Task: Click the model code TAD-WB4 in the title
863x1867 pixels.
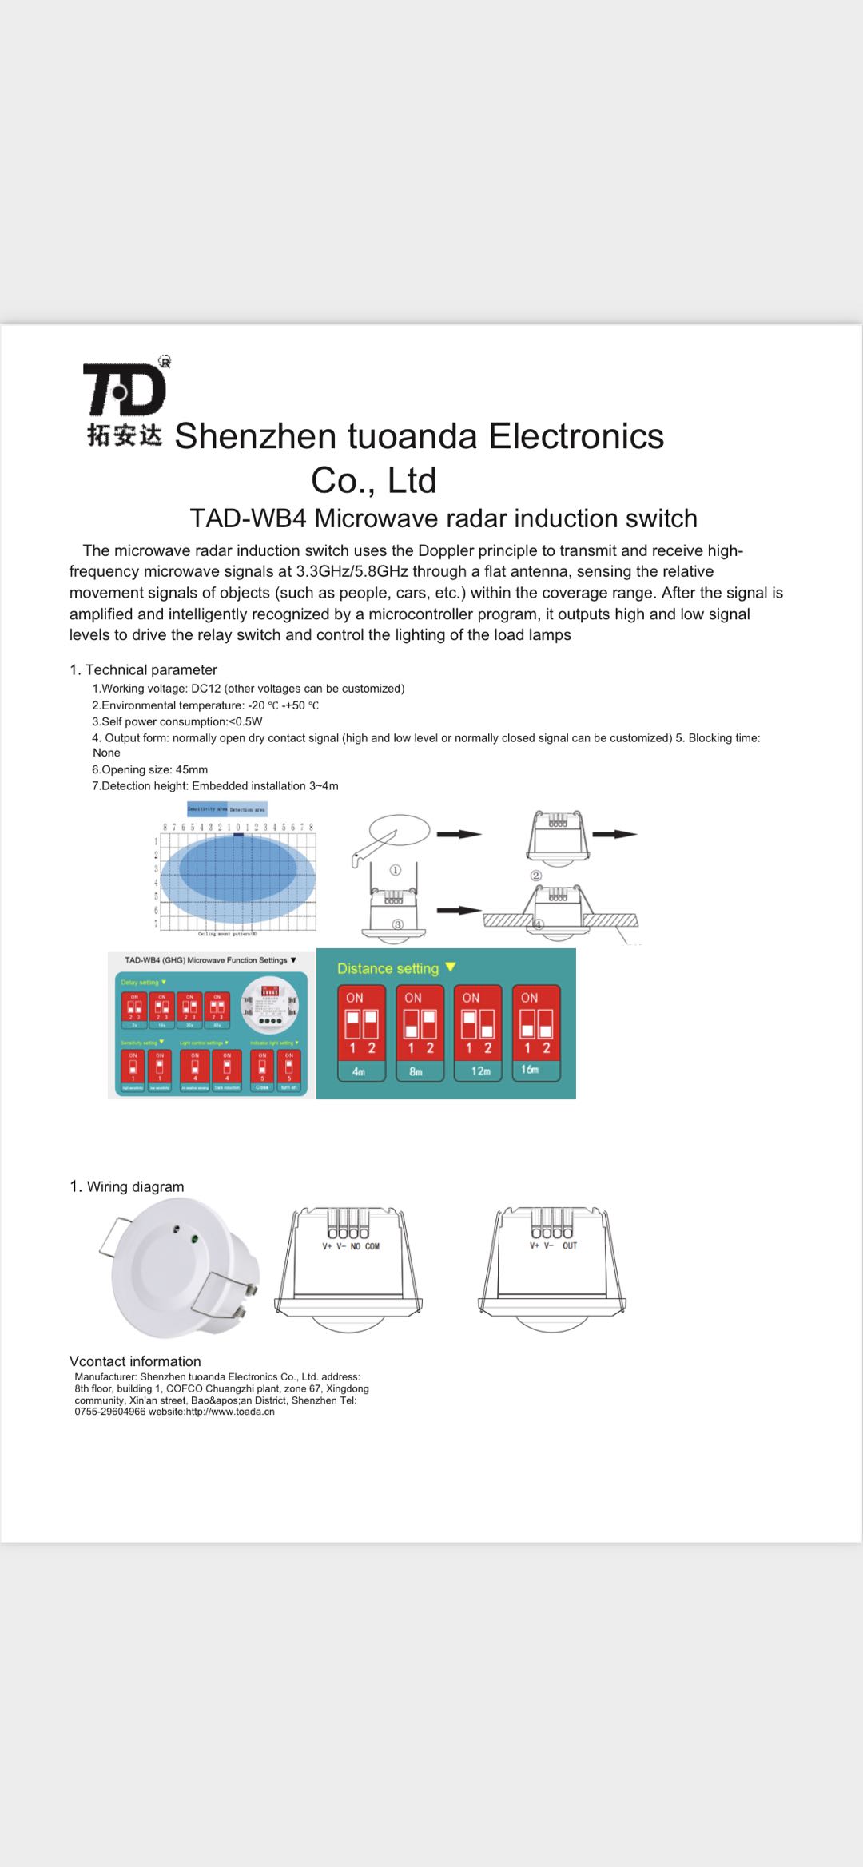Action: (248, 518)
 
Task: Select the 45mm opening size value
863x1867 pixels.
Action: (192, 769)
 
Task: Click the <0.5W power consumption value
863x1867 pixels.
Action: (245, 721)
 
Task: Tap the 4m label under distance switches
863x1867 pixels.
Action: (359, 1071)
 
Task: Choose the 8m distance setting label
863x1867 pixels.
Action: (416, 1071)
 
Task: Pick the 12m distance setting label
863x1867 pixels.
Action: (480, 1071)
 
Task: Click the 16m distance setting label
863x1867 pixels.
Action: (530, 1069)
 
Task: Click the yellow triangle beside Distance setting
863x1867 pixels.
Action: (451, 967)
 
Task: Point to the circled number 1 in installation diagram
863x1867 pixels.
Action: (395, 870)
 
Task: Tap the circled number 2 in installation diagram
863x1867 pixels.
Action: (536, 876)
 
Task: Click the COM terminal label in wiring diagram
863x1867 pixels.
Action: (372, 1246)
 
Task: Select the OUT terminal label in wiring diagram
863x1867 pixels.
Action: (569, 1245)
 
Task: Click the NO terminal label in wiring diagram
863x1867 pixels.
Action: (356, 1246)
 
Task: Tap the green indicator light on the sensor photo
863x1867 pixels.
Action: (194, 1241)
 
